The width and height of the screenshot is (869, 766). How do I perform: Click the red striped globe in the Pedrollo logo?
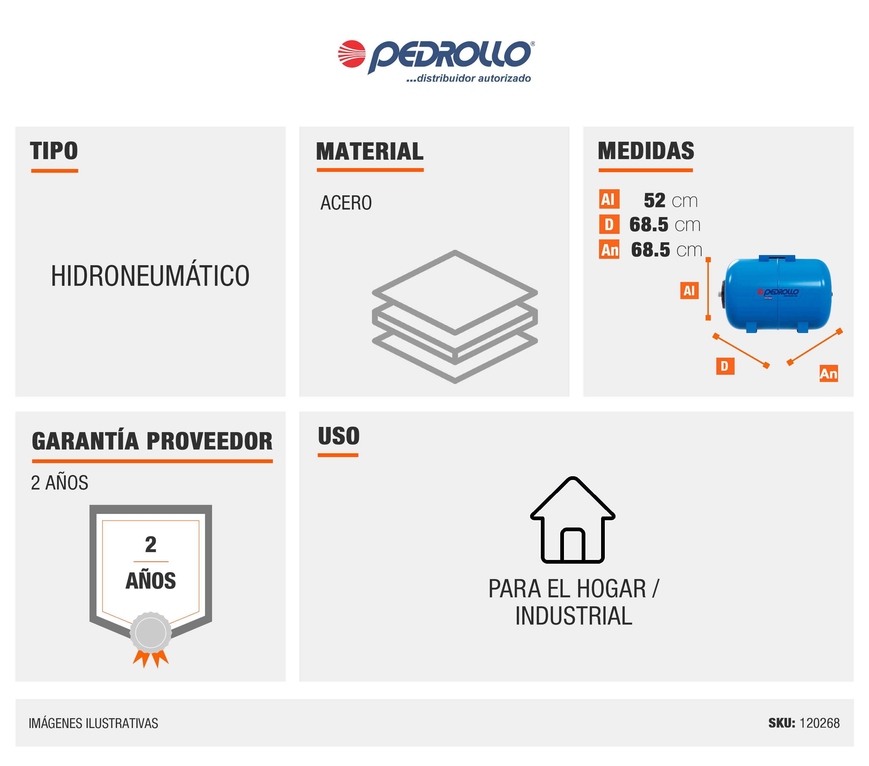(x=352, y=54)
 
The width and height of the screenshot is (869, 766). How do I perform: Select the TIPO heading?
(x=54, y=151)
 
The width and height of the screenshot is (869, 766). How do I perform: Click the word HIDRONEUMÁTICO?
(x=150, y=276)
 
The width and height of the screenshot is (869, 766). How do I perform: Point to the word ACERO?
(x=346, y=203)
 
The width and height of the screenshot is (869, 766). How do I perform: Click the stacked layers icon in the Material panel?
(x=455, y=316)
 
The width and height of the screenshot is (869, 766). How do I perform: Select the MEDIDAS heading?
(x=646, y=151)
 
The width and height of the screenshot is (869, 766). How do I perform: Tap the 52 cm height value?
(x=671, y=200)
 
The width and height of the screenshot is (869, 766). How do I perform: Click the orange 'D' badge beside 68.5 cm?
(x=609, y=224)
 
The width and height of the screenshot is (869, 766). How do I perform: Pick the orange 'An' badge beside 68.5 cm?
(x=609, y=249)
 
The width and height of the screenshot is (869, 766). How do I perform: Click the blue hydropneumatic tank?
(x=777, y=294)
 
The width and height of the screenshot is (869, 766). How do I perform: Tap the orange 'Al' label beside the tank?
(x=689, y=290)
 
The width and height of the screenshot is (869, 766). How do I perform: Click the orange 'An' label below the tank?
(x=829, y=373)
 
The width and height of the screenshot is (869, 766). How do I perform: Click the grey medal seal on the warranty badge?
(x=151, y=632)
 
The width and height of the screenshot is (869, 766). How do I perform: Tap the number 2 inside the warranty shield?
(x=151, y=544)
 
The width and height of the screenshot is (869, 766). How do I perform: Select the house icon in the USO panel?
(x=573, y=520)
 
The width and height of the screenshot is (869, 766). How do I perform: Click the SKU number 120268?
(x=820, y=723)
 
